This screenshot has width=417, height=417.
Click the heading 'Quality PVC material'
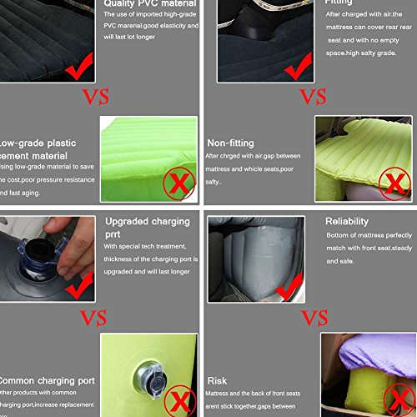[149, 3]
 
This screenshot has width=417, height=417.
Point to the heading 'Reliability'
[346, 221]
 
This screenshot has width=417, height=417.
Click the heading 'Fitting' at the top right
[338, 3]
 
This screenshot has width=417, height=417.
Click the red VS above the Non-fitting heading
[313, 96]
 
